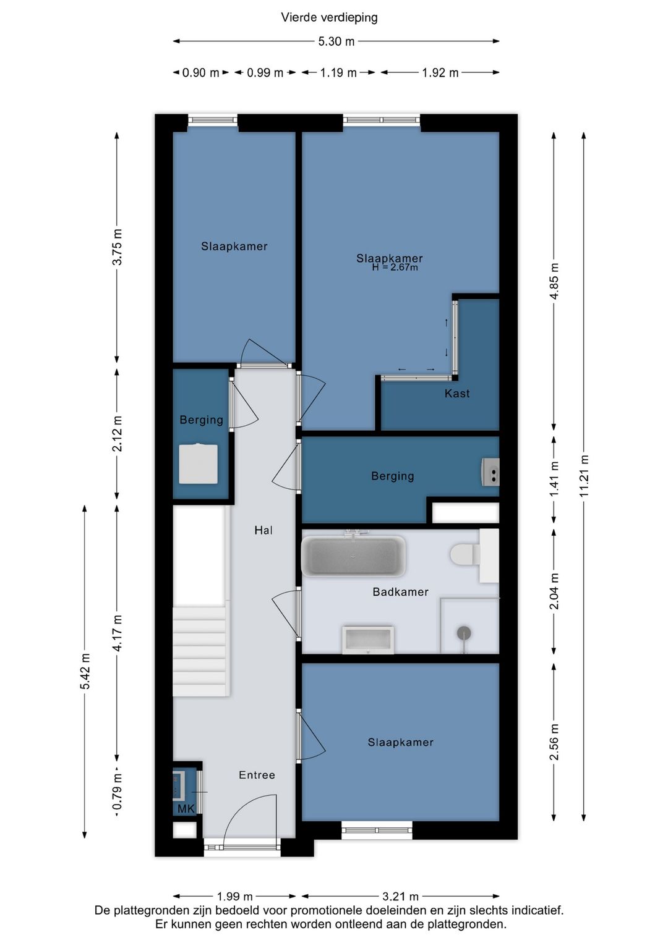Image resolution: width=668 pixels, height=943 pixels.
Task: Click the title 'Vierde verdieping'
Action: tap(329, 17)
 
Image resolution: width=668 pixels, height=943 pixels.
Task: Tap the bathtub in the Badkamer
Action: tap(353, 557)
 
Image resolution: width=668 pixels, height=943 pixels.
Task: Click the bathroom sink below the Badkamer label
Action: tap(368, 640)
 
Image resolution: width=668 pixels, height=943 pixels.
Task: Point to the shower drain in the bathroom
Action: tap(464, 633)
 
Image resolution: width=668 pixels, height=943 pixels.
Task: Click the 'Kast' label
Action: tap(457, 394)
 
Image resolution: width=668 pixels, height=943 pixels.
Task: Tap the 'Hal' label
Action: tap(263, 530)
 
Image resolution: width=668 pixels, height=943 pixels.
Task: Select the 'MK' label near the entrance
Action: tap(186, 809)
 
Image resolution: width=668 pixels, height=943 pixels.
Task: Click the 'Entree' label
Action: tap(257, 775)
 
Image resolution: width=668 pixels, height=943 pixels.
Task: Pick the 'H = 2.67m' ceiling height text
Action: tap(395, 268)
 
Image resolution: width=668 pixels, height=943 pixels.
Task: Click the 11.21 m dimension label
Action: tap(584, 476)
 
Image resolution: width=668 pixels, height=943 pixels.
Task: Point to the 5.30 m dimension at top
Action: tap(336, 41)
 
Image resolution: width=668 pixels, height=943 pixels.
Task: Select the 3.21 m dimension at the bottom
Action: tap(400, 896)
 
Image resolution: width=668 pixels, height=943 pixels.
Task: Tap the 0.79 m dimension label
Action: tap(118, 792)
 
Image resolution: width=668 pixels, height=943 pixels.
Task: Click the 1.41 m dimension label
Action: tap(554, 478)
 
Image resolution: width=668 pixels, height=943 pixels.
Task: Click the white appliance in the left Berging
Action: tap(198, 464)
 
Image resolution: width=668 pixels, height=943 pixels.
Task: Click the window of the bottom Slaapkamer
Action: tap(377, 830)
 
